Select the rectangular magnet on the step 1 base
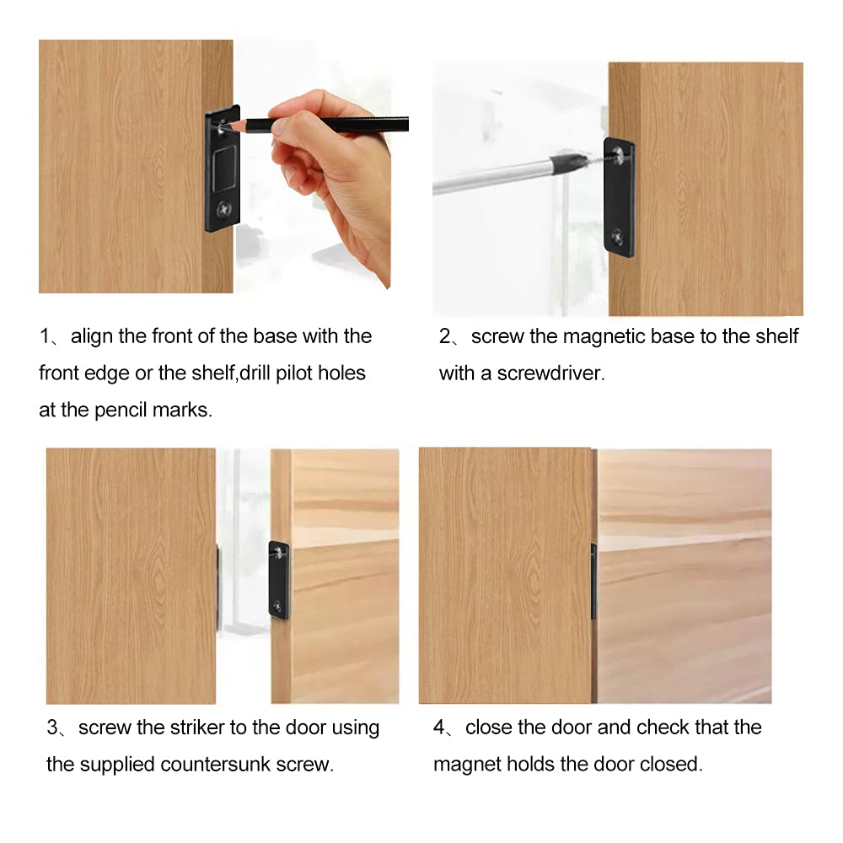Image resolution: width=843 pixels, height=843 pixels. pos(224,169)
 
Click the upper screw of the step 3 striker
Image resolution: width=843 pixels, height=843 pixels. pos(278,551)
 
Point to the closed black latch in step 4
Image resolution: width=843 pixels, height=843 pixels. pos(594,581)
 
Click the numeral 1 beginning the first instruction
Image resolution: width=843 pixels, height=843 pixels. pos(45,336)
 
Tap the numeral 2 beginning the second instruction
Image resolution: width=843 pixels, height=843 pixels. pos(445,336)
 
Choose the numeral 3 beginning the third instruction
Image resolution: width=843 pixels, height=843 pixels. pos(52,728)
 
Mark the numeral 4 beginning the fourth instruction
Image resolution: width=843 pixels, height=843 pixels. pos(439,728)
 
